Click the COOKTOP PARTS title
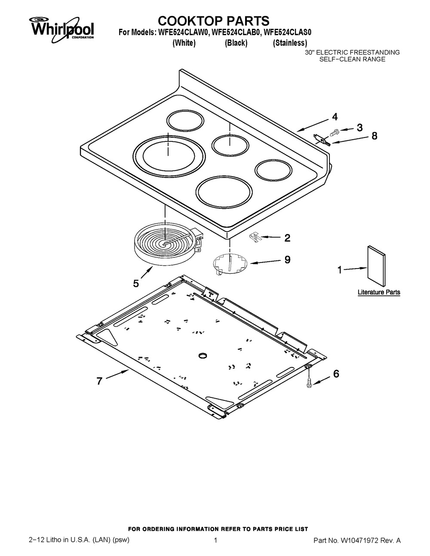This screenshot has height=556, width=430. tap(213, 20)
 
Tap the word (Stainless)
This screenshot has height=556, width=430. tap(290, 43)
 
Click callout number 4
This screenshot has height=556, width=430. tap(334, 116)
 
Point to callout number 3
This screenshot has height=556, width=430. tap(359, 128)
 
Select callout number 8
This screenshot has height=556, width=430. tap(374, 136)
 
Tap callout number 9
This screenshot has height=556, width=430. tap(287, 260)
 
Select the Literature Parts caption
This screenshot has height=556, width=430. tap(379, 292)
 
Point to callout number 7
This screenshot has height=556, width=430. tap(99, 381)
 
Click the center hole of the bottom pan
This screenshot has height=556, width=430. tap(202, 355)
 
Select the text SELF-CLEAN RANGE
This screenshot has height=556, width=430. tap(352, 59)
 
